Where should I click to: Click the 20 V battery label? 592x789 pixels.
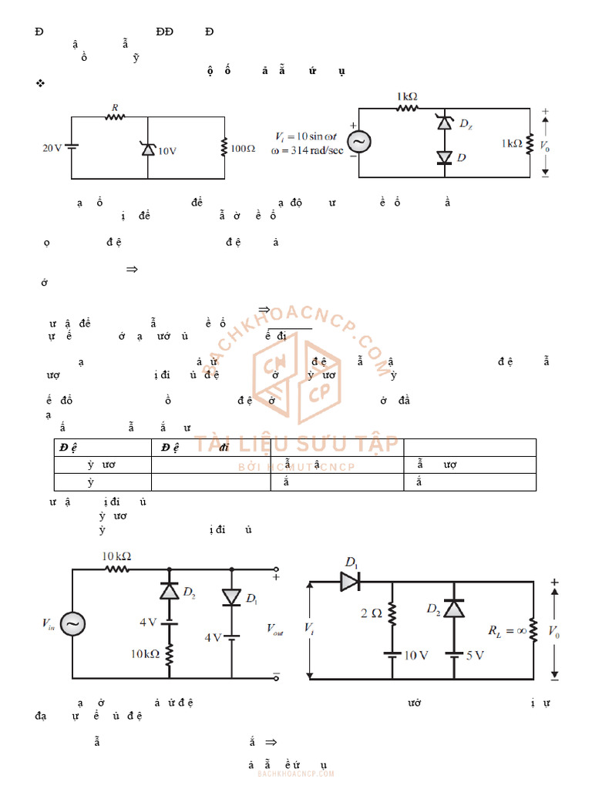point(52,147)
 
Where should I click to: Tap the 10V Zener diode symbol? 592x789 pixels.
point(148,148)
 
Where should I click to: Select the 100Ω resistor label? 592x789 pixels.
point(243,148)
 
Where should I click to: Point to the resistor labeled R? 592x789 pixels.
point(115,117)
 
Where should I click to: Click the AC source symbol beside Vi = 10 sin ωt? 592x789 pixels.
point(358,142)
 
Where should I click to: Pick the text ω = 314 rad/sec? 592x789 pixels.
point(308,149)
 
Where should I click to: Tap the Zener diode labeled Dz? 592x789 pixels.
point(444,123)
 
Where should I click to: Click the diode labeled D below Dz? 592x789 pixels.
point(444,158)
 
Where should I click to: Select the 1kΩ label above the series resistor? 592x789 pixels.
point(407,96)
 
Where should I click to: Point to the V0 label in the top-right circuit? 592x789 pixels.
point(545,144)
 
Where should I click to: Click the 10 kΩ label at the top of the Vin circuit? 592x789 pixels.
point(117,556)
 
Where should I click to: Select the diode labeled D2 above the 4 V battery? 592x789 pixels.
point(170,591)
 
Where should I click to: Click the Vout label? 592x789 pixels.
point(276,630)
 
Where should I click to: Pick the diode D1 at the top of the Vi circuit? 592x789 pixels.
point(351,581)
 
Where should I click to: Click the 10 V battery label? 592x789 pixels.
point(416,655)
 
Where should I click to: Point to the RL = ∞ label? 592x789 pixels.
point(504,631)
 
